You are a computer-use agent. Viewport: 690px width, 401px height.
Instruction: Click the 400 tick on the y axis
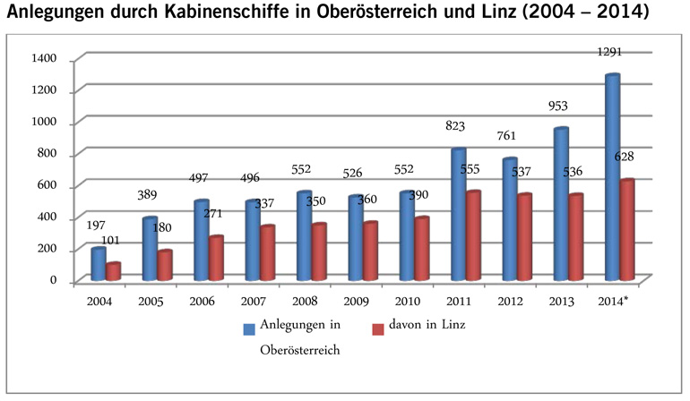pos(46,218)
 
